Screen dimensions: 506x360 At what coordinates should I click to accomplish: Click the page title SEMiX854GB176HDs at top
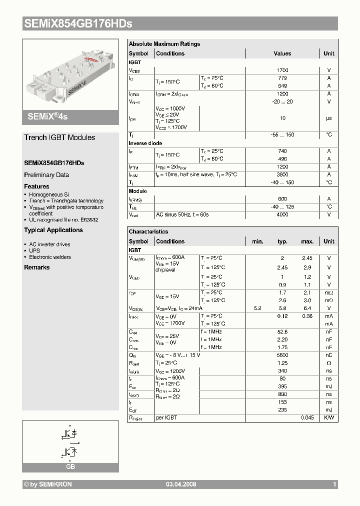[x=77, y=23]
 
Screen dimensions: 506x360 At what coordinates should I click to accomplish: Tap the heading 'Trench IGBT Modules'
[x=59, y=137]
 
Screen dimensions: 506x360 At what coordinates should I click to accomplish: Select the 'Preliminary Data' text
[x=46, y=175]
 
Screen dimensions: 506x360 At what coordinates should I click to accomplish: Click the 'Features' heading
[x=36, y=186]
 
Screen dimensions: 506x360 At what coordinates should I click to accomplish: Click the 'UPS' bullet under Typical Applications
[x=34, y=250]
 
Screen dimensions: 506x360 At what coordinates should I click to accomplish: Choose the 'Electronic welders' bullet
[x=50, y=257]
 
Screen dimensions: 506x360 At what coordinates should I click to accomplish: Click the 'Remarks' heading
[x=37, y=267]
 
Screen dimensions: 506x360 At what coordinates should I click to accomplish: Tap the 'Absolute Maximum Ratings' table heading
[x=164, y=44]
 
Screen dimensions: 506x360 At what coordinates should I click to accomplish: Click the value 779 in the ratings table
[x=282, y=78]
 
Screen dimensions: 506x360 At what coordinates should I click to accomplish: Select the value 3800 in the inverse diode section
[x=282, y=174]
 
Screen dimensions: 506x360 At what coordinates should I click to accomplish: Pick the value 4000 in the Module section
[x=282, y=214]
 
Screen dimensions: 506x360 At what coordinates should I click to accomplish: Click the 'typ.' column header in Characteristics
[x=282, y=241]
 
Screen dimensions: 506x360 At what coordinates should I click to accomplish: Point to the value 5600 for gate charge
[x=282, y=355]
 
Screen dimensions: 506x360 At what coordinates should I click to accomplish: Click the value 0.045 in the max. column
[x=307, y=417]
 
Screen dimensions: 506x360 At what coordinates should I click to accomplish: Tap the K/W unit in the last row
[x=329, y=417]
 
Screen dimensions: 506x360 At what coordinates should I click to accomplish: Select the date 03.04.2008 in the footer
[x=180, y=484]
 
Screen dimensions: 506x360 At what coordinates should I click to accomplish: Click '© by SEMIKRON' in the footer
[x=48, y=484]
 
